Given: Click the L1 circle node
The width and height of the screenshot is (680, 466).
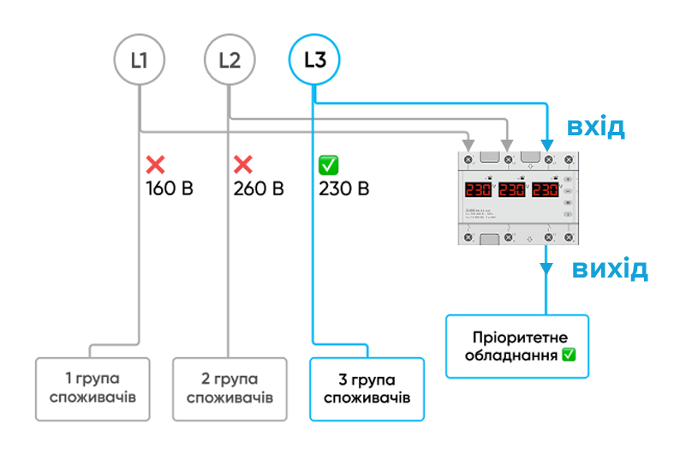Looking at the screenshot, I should [139, 60].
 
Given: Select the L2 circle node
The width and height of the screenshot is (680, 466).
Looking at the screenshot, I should [229, 60].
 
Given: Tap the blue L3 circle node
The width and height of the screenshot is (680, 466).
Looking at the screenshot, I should [315, 60].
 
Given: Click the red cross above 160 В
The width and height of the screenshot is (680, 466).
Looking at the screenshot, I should [156, 164].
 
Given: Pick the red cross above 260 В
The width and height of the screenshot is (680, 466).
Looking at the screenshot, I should [243, 164].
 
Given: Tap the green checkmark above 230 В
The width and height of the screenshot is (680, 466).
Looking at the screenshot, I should [327, 164].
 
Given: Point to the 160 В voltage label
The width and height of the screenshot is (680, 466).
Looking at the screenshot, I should [170, 188].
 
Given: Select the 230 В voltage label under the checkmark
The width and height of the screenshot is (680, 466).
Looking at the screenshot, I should [343, 188].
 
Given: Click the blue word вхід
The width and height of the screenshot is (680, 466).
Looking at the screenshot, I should [597, 128].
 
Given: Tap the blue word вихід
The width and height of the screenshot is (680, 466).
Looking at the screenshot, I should [609, 269].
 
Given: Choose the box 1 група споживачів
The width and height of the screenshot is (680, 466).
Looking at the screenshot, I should [93, 388].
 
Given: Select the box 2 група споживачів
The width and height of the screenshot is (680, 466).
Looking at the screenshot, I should [230, 388].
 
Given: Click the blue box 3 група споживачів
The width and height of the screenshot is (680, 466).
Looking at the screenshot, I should [367, 388].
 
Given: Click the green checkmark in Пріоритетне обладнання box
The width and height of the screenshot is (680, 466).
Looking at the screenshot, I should [569, 355].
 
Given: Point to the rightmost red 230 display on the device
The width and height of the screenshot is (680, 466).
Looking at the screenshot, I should [546, 190].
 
